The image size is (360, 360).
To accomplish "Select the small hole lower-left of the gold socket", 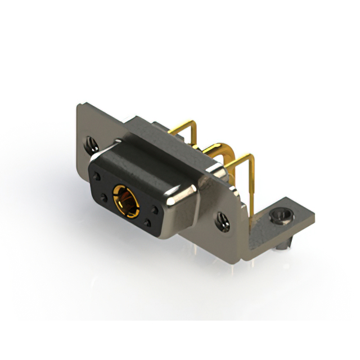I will [x=105, y=197].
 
